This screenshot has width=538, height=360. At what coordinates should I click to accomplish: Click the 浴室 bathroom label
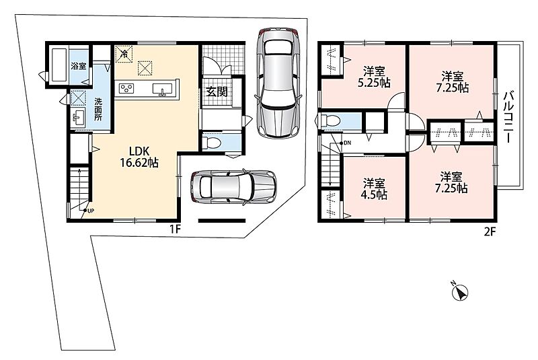click(x=79, y=66)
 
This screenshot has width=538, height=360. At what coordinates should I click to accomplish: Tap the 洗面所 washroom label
click(x=98, y=110)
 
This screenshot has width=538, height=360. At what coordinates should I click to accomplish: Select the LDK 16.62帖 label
click(x=139, y=157)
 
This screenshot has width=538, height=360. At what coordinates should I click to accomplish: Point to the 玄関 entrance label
click(x=217, y=92)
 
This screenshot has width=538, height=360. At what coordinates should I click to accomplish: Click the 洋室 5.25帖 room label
click(x=374, y=77)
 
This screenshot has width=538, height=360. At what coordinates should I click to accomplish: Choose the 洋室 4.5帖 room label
click(x=374, y=189)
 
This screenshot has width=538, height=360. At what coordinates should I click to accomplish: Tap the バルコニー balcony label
click(x=508, y=116)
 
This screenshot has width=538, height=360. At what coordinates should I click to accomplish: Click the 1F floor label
click(x=175, y=229)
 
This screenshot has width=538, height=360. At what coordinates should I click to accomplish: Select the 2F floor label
click(x=490, y=232)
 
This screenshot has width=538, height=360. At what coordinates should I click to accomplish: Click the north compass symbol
click(x=459, y=292)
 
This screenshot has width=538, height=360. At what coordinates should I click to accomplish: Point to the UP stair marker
click(x=90, y=211)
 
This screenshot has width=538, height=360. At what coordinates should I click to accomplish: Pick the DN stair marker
click(x=347, y=143)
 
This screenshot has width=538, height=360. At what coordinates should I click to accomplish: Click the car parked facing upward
click(x=278, y=82)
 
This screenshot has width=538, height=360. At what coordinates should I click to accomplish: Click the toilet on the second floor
click(x=330, y=122)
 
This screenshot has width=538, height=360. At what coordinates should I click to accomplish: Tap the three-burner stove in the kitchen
click(x=126, y=88)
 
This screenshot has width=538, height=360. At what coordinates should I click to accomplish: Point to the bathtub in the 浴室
click(x=59, y=65)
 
